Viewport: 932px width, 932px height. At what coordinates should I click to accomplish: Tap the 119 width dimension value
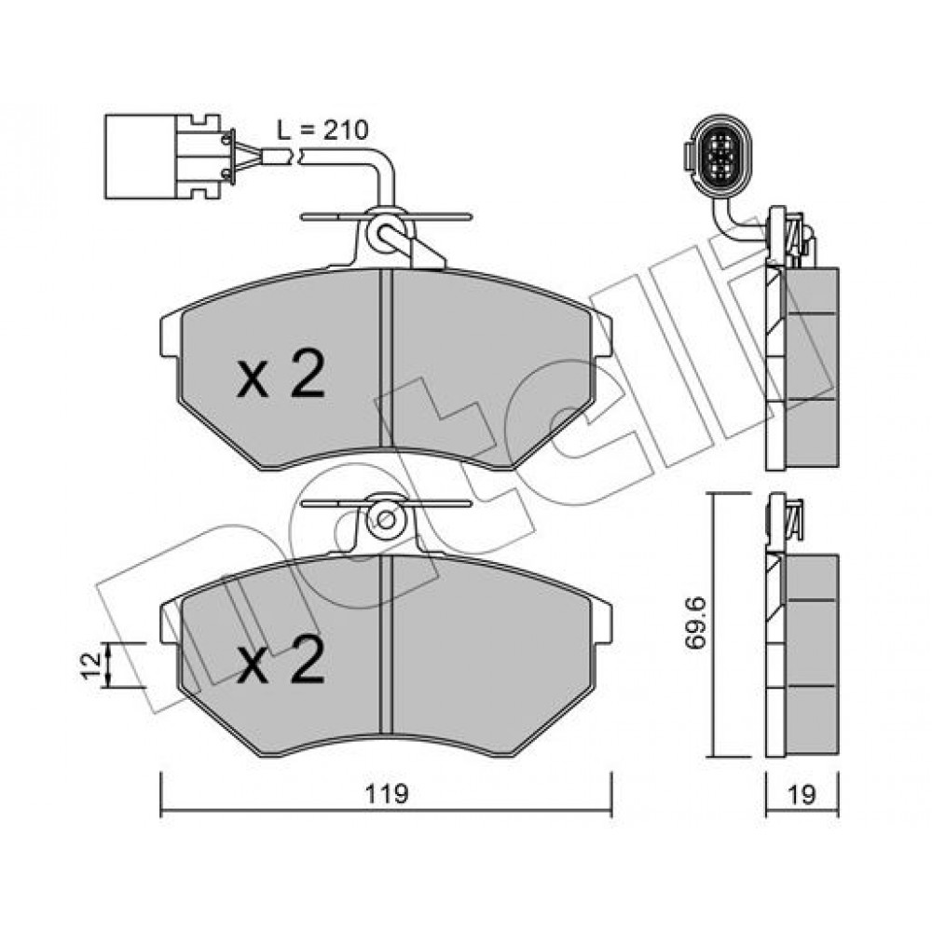[387, 794]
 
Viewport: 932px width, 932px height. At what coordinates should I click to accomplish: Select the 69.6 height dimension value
[694, 624]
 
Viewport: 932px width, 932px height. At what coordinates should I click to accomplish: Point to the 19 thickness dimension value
[802, 794]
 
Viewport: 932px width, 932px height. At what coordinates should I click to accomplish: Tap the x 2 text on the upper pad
[281, 374]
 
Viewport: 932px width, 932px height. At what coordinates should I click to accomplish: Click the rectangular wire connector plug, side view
[168, 157]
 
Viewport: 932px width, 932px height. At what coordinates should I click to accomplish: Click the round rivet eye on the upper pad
[387, 234]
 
